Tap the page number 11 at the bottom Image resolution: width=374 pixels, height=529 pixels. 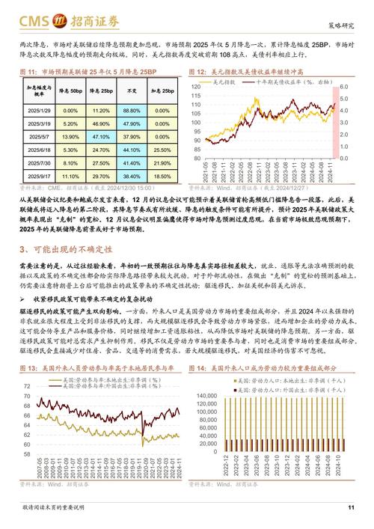pos(351,509)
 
